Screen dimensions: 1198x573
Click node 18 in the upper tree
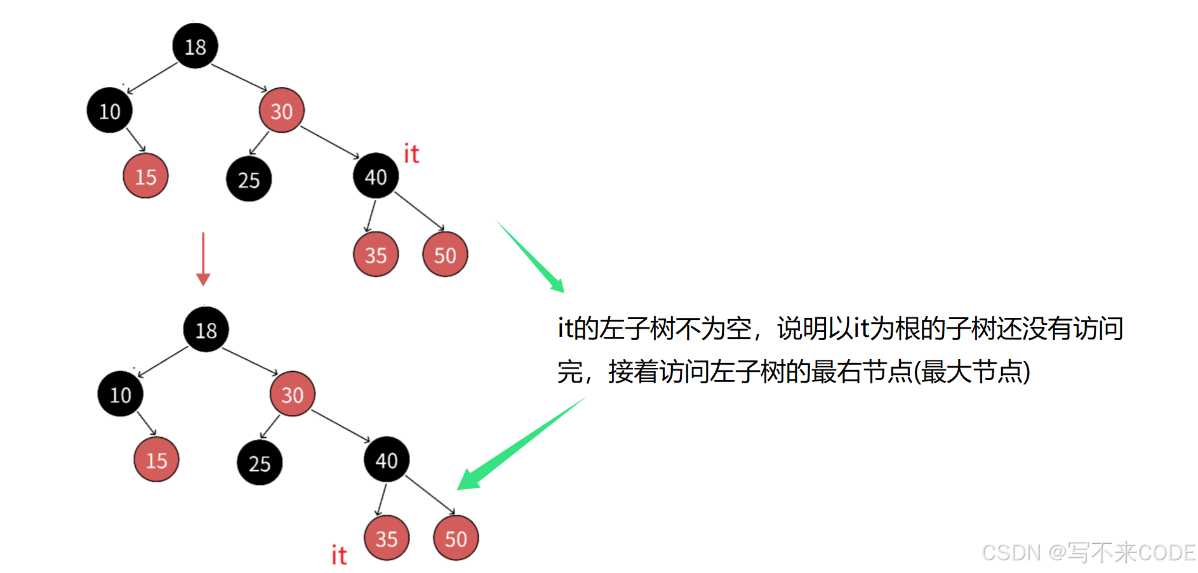point(195,46)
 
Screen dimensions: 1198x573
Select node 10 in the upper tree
point(109,110)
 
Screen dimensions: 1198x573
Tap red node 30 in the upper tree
point(281,110)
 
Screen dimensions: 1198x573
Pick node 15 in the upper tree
point(145,176)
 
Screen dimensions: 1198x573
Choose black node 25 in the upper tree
point(248,179)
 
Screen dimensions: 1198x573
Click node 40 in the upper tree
point(375,176)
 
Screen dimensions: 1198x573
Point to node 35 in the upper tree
point(375,254)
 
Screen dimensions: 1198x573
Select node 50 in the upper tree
point(445,254)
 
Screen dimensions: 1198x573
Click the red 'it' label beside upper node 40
point(411,154)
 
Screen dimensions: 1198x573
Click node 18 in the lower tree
point(206,329)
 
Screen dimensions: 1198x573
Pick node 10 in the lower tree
point(120,394)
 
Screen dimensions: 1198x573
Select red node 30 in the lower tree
point(292,394)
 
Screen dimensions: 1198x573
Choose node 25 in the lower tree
point(259,463)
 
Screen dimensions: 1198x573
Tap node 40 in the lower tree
point(386,459)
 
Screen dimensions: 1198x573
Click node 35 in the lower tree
point(386,538)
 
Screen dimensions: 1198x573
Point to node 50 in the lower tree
point(456,538)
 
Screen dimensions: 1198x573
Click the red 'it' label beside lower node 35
point(339,555)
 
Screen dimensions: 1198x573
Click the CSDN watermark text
point(1088,553)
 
